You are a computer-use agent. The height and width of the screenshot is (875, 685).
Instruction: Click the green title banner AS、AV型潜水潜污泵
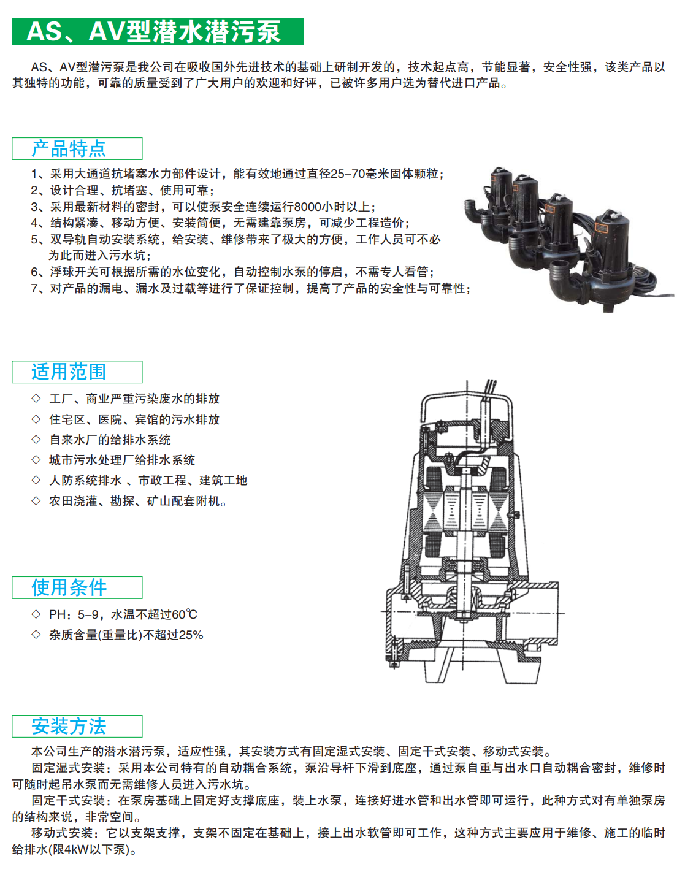(157, 31)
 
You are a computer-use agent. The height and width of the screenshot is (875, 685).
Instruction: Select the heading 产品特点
(69, 149)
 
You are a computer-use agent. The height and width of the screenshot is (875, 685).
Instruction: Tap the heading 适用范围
(69, 372)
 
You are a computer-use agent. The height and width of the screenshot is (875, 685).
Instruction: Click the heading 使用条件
(69, 587)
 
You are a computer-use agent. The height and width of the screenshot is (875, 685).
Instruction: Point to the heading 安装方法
(69, 727)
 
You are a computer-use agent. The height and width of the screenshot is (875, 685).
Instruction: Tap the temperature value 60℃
(184, 615)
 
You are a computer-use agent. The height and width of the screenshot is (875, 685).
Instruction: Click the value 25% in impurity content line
(191, 635)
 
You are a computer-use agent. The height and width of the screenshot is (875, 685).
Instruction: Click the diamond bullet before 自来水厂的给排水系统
(36, 440)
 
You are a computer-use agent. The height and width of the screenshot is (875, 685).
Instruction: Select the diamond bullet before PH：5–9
(36, 614)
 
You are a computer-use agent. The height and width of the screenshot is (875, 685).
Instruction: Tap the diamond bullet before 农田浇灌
(36, 501)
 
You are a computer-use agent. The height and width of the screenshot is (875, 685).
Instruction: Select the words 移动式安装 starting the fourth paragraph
(62, 833)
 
